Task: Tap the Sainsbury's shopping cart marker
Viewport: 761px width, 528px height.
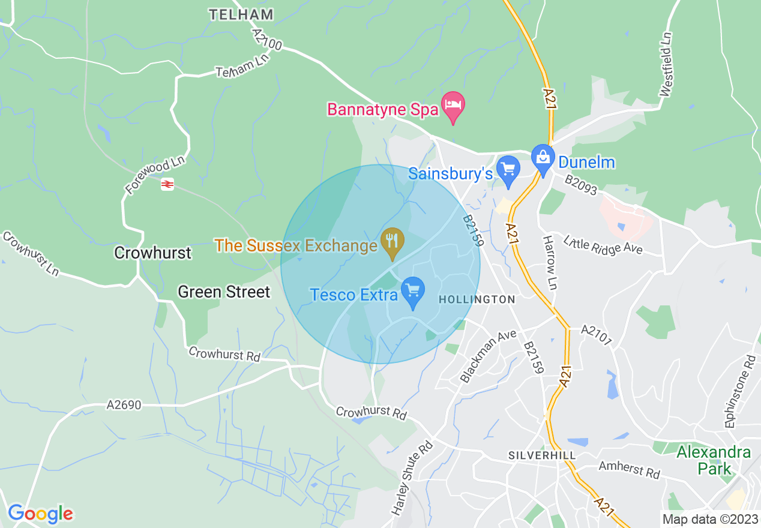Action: point(508,170)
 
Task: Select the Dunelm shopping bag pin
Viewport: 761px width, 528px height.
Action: point(543,159)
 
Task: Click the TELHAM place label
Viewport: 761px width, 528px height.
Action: point(241,14)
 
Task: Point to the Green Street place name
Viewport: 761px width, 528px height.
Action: point(224,292)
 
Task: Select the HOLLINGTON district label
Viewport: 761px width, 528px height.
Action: point(477,299)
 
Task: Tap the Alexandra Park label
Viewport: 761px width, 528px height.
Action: point(714,460)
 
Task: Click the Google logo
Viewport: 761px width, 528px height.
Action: point(40,514)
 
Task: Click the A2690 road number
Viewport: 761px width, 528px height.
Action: point(124,406)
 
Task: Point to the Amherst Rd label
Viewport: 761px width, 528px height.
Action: point(629,469)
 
